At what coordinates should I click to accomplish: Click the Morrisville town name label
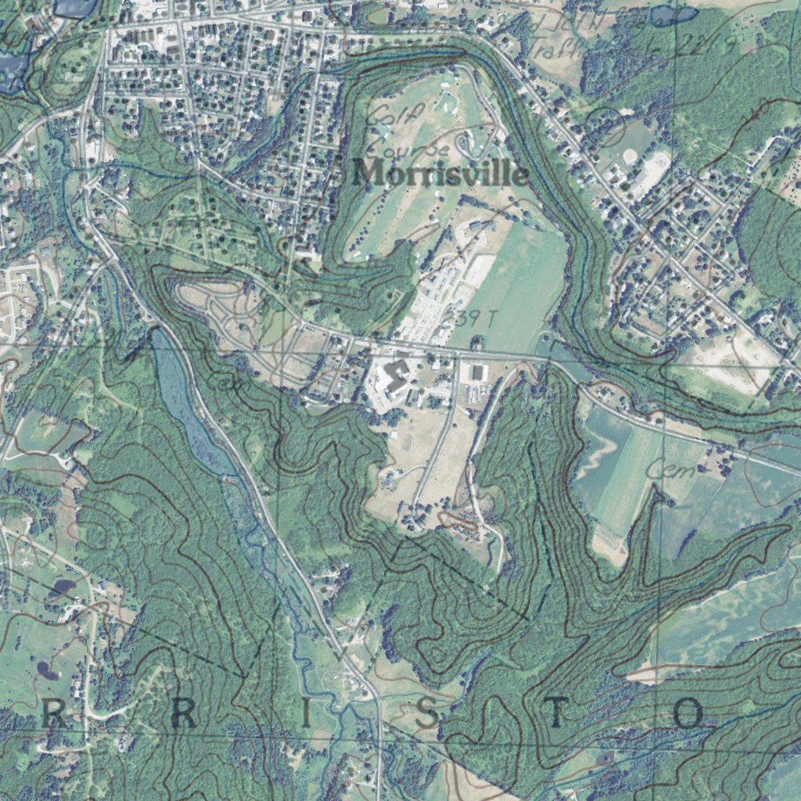click(x=440, y=173)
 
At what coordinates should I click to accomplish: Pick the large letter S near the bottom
click(x=426, y=713)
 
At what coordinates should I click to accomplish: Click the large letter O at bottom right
click(x=689, y=713)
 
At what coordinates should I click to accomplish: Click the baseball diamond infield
click(x=630, y=156)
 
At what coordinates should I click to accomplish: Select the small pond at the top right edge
click(x=673, y=14)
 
